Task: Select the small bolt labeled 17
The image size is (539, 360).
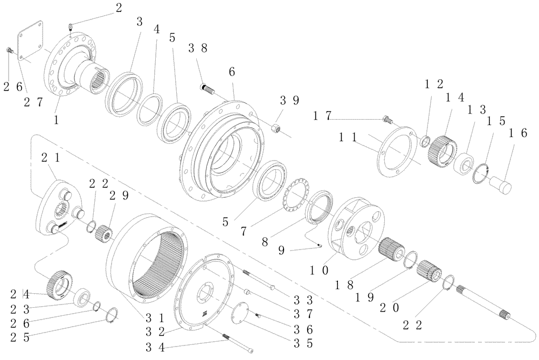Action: (x=386, y=119)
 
